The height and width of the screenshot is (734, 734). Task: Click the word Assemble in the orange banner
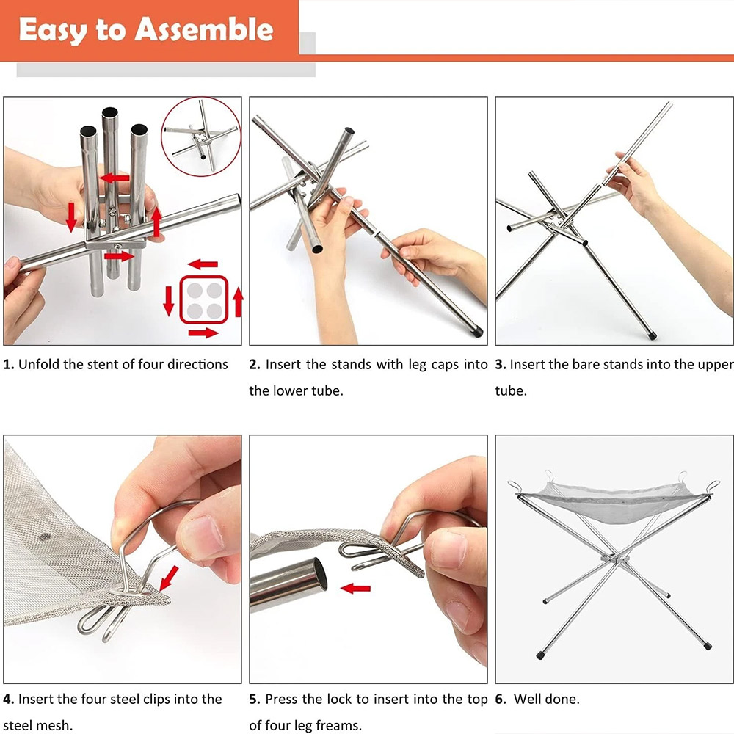click(x=203, y=29)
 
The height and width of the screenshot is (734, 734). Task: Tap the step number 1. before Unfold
click(x=9, y=364)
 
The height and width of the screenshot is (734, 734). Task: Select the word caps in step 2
click(x=443, y=365)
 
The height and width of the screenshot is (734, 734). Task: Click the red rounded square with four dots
click(x=204, y=299)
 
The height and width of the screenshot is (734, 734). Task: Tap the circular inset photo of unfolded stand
click(x=201, y=137)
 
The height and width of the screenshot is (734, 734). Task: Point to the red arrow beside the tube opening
click(x=356, y=589)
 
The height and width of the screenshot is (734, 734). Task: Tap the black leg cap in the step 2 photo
click(x=477, y=332)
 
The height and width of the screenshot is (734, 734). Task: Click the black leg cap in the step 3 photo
click(x=653, y=335)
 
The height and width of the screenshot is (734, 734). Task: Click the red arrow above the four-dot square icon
click(x=203, y=264)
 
